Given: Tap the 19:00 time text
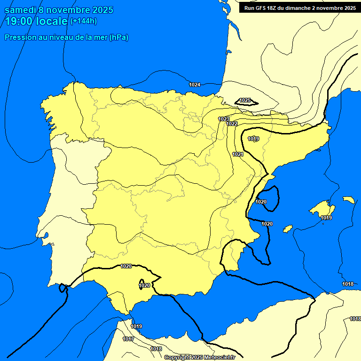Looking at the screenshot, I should (18, 21).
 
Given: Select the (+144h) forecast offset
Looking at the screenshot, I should (83, 21).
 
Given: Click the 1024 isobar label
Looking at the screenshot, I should (195, 85).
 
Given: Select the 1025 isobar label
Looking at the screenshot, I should (245, 100).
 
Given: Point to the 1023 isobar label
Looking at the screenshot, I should (224, 119).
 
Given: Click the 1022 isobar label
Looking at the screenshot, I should (232, 124).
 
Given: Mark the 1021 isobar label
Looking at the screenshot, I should (238, 154).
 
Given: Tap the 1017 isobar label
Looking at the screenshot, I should (128, 339).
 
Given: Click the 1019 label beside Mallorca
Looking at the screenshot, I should (326, 218).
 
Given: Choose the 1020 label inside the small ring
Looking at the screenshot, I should (144, 285).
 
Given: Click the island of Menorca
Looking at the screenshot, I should (349, 200).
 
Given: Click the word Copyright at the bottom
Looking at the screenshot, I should (177, 357).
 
